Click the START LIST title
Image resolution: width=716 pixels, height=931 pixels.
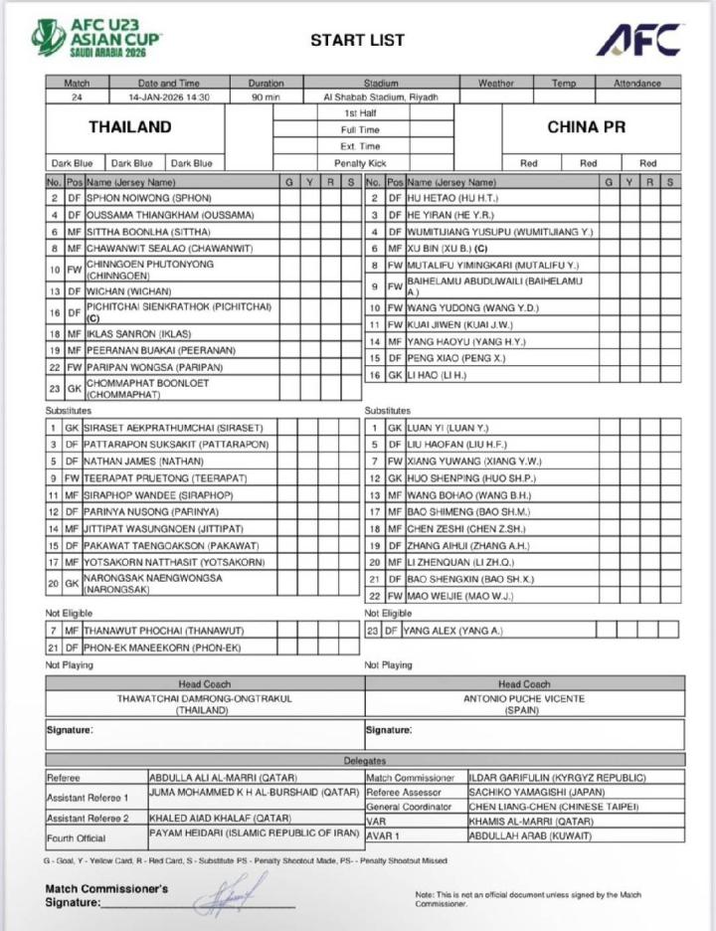click(x=357, y=41)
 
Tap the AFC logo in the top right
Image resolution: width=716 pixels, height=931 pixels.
click(x=638, y=40)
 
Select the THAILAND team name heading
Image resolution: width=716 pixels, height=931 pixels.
click(x=129, y=127)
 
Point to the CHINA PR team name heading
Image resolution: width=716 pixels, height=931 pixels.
click(x=586, y=127)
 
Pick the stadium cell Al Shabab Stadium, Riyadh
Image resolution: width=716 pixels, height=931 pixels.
click(x=381, y=97)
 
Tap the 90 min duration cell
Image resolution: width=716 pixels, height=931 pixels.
click(x=266, y=97)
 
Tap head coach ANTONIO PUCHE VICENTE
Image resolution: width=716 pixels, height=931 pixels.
click(x=524, y=698)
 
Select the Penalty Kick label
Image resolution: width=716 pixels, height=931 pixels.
click(x=360, y=163)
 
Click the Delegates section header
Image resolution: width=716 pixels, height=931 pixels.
click(x=365, y=760)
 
